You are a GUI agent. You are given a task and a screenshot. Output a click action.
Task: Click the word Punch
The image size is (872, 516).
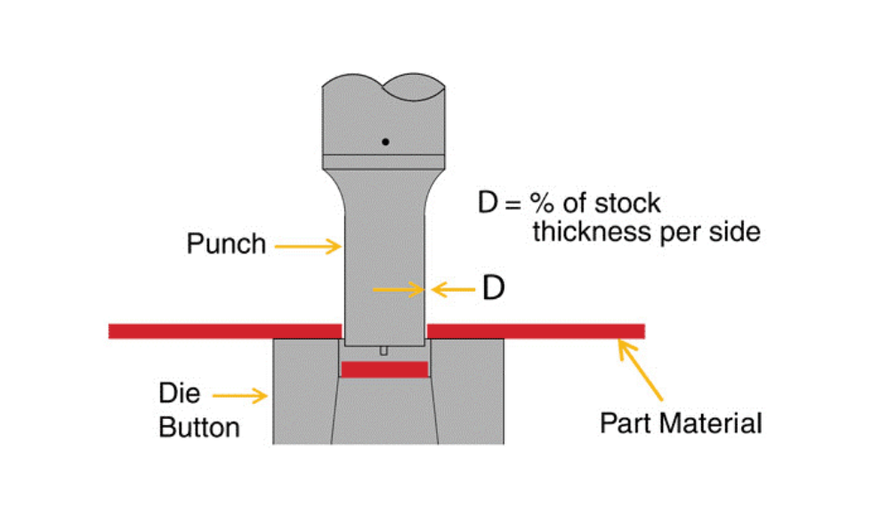(x=226, y=244)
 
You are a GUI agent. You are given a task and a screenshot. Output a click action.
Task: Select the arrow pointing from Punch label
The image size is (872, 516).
(x=308, y=245)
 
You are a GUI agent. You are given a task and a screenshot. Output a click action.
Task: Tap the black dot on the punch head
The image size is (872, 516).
(x=385, y=141)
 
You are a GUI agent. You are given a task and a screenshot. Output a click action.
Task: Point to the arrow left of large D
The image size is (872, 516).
(x=451, y=287)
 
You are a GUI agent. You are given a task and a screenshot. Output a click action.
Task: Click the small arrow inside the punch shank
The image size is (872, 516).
(x=398, y=287)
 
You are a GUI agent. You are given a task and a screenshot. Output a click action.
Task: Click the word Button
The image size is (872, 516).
(x=199, y=427)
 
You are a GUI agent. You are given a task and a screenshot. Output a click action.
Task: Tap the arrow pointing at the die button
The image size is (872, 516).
(x=241, y=394)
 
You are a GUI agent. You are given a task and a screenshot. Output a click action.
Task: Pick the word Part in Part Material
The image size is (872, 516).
(x=622, y=422)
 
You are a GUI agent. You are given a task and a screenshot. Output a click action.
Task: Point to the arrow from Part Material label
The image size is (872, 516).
(x=642, y=371)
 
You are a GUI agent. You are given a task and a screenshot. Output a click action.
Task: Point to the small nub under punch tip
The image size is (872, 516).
(x=384, y=351)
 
